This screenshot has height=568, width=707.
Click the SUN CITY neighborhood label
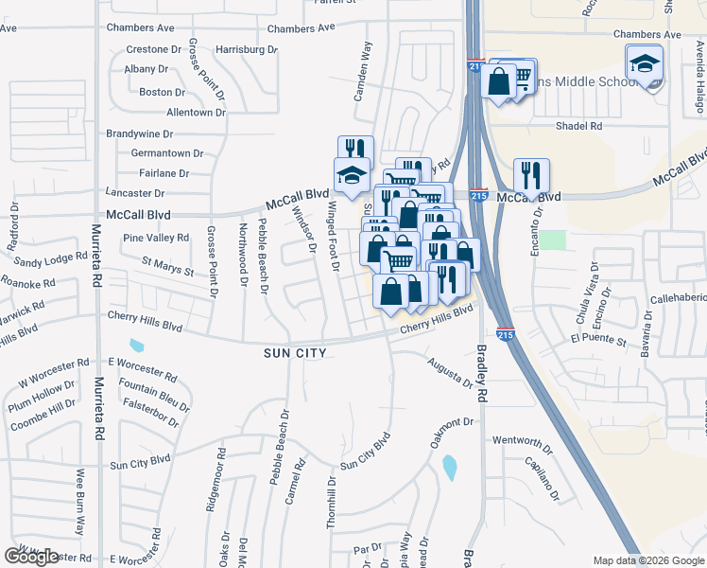tap(296, 353)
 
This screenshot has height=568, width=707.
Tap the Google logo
tap(31, 557)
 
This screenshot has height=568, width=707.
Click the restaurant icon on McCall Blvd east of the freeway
tap(531, 177)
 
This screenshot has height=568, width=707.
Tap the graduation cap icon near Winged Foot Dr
tap(351, 176)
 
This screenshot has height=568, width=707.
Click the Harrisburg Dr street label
tap(246, 48)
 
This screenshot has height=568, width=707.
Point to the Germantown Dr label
tap(167, 152)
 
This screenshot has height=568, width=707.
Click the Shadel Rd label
tap(579, 126)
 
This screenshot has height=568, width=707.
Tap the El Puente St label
tap(599, 338)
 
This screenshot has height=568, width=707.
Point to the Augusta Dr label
tap(449, 372)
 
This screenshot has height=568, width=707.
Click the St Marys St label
tap(167, 266)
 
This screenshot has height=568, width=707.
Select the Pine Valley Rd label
tap(156, 238)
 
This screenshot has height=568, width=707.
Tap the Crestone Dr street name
tap(153, 49)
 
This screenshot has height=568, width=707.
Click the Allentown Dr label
tap(196, 112)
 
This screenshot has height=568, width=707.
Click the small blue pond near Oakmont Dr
tap(448, 467)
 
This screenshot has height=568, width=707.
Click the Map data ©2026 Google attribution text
tap(648, 560)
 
